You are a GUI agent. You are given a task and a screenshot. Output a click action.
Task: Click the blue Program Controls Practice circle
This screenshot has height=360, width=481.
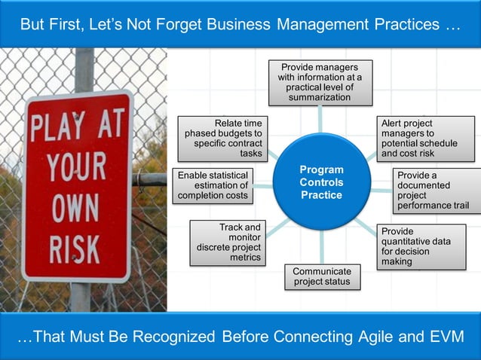tap(321, 182)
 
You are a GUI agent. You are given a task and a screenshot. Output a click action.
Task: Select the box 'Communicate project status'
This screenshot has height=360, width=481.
tap(322, 276)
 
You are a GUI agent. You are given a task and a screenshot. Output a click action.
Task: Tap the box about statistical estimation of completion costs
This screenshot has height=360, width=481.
tap(213, 185)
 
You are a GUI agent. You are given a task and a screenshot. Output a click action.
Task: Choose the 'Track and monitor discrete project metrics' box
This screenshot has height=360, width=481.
tap(228, 243)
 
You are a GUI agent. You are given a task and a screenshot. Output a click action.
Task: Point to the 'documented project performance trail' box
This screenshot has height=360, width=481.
tap(434, 190)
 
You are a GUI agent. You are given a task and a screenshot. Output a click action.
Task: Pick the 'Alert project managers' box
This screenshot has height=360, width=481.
tap(426, 138)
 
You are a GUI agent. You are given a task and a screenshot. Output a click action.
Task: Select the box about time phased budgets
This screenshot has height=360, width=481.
tap(223, 138)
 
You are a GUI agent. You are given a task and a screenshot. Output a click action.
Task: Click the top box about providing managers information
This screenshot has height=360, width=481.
tap(320, 82)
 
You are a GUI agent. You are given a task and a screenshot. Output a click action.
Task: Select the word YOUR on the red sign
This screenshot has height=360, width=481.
tap(75, 166)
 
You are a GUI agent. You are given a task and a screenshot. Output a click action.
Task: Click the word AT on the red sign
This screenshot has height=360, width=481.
tap(109, 125)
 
